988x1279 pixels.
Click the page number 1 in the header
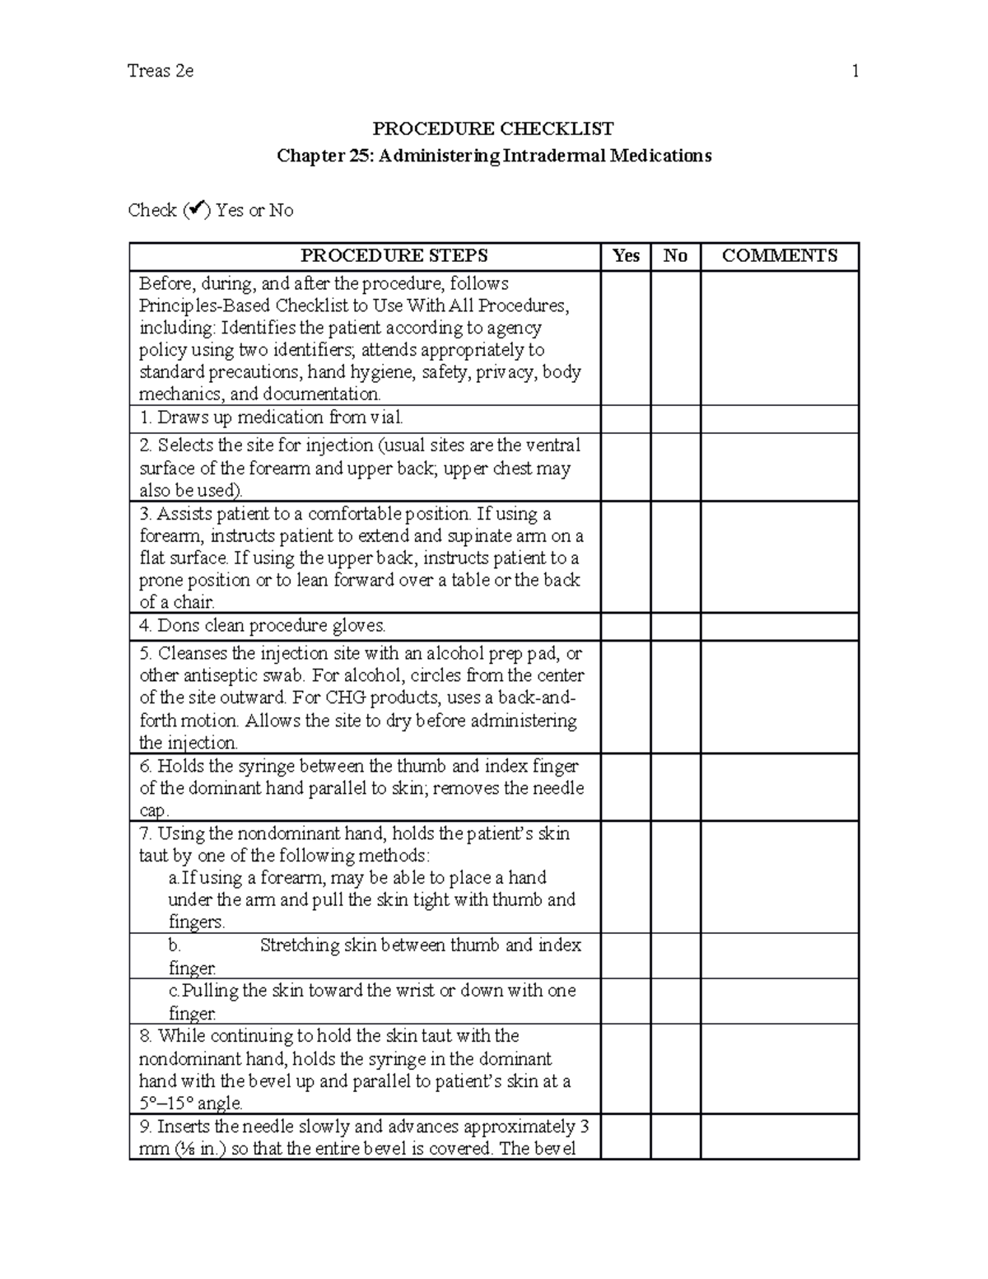pos(855,71)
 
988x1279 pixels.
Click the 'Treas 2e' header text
pos(161,71)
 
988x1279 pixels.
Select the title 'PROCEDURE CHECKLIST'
pos(493,128)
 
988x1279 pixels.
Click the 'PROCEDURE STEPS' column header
pos(394,256)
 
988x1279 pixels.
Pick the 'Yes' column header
pos(626,256)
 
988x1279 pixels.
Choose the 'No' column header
pos(675,256)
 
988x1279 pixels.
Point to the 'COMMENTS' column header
pos(779,256)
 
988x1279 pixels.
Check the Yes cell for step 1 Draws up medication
pos(626,418)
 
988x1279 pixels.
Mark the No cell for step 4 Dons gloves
pos(675,626)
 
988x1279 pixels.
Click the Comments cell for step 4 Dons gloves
pos(779,626)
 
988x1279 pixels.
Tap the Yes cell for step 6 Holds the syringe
pos(626,787)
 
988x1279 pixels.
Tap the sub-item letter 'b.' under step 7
pos(175,945)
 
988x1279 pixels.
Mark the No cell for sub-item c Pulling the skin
pos(675,1001)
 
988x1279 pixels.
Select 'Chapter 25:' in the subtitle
pos(325,156)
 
